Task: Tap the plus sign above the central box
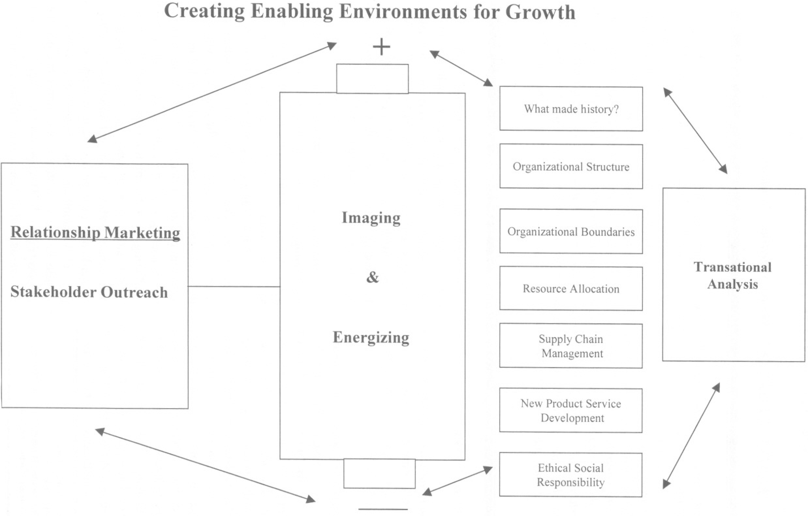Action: (381, 47)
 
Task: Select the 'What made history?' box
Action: (571, 109)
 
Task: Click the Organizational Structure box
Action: (571, 167)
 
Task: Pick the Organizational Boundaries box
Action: (571, 232)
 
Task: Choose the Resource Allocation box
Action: (571, 289)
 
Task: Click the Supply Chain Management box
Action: (571, 346)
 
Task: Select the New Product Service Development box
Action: (571, 410)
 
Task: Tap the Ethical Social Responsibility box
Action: (571, 475)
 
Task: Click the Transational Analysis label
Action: (733, 275)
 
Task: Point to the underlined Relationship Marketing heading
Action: (95, 232)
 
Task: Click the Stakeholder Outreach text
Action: (89, 292)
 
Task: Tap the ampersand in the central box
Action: (372, 277)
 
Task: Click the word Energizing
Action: (371, 337)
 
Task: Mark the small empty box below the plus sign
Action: (372, 79)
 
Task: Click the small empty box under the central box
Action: (379, 474)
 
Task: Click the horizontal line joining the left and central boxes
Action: (234, 287)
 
